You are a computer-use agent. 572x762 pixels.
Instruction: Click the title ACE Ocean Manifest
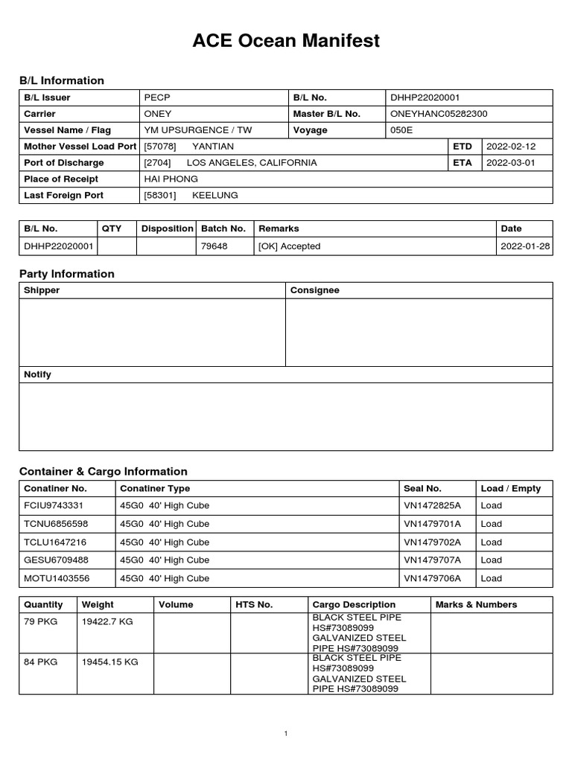pyautogui.click(x=286, y=42)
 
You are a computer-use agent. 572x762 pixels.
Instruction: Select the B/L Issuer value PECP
pyautogui.click(x=157, y=97)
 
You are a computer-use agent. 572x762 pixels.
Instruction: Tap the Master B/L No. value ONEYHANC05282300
pyautogui.click(x=439, y=114)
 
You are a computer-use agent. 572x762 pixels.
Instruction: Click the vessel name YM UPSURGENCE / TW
pyautogui.click(x=197, y=130)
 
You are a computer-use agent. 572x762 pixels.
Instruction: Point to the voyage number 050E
pyautogui.click(x=401, y=130)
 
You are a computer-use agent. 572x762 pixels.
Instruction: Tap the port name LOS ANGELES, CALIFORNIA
pyautogui.click(x=251, y=163)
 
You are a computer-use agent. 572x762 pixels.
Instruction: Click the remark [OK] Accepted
pyautogui.click(x=289, y=246)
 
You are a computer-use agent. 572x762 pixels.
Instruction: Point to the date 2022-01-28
pyautogui.click(x=525, y=246)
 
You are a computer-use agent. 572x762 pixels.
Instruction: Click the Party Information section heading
pyautogui.click(x=67, y=274)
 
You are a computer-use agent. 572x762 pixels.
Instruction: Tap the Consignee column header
pyautogui.click(x=314, y=290)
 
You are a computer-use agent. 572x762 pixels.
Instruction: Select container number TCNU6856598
pyautogui.click(x=56, y=524)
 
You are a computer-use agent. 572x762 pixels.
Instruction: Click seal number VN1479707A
pyautogui.click(x=432, y=560)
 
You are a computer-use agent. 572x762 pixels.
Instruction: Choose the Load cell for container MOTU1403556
pyautogui.click(x=492, y=578)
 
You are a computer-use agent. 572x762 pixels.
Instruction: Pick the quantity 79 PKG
pyautogui.click(x=40, y=621)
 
